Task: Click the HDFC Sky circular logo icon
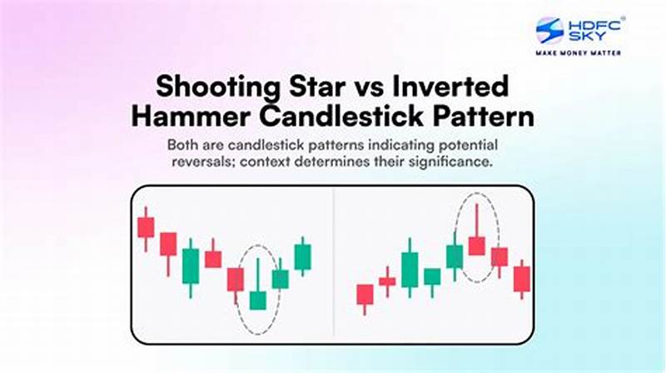pos(549,31)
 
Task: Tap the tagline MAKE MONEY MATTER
pos(579,52)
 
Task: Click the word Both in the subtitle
pos(182,144)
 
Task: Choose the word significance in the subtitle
pos(454,162)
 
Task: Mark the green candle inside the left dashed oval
pos(258,300)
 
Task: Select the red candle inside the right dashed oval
pos(476,246)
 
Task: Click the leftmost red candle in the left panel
pos(146,227)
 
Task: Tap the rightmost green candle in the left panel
pos(302,256)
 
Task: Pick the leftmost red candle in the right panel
pos(365,294)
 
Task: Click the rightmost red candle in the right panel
pos(521,279)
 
